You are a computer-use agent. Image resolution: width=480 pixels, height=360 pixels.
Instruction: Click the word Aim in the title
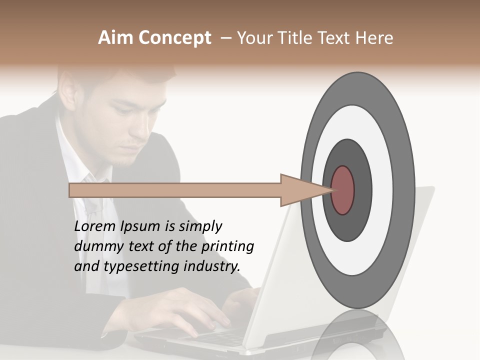pos(116,38)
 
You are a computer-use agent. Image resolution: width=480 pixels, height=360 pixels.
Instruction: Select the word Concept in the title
pos(174,38)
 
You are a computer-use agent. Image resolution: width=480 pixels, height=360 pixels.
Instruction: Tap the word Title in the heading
pos(296,38)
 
